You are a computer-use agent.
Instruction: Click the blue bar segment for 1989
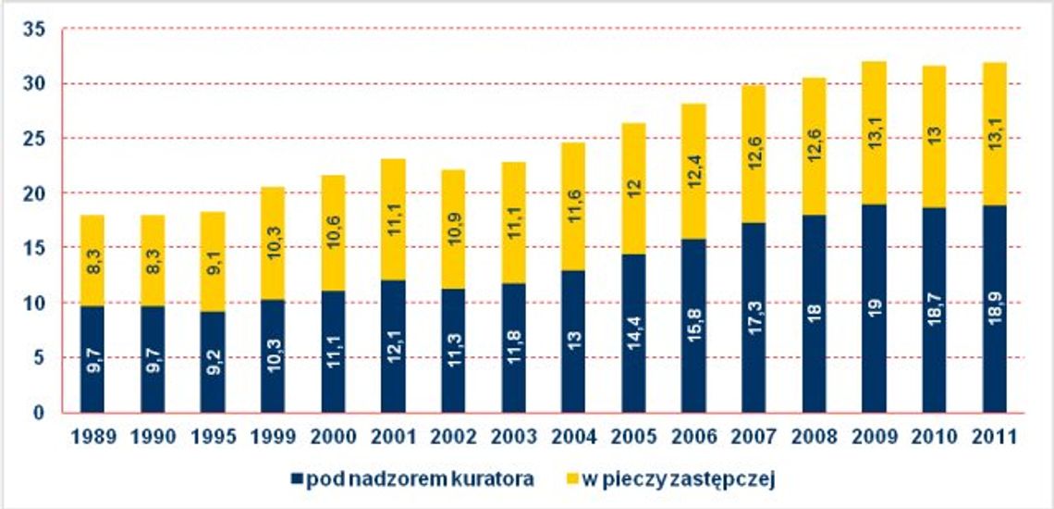92,359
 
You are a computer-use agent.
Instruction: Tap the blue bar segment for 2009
874,308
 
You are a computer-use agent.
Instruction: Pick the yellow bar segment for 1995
213,261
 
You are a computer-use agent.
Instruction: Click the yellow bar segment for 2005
633,188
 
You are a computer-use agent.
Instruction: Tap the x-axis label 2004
573,436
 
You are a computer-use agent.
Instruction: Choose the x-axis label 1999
273,436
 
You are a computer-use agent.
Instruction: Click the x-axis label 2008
814,436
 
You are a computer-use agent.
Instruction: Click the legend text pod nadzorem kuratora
419,478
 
